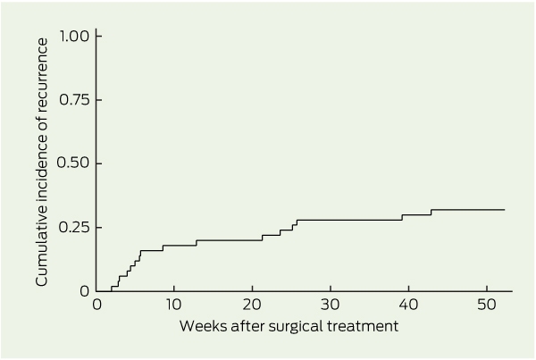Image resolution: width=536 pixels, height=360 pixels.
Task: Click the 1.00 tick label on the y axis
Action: click(74, 36)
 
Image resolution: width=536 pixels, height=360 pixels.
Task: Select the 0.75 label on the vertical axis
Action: click(74, 100)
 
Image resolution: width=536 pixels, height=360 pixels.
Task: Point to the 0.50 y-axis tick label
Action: click(73, 163)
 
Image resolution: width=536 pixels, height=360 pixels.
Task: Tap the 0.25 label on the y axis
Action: click(74, 228)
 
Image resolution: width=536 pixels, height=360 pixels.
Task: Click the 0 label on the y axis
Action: click(85, 291)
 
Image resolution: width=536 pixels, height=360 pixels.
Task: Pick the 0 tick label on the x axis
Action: click(97, 305)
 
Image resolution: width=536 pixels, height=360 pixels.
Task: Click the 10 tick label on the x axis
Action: click(173, 305)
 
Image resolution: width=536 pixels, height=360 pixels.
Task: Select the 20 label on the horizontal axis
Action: click(252, 305)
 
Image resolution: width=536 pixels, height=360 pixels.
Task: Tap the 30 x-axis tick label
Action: click(331, 305)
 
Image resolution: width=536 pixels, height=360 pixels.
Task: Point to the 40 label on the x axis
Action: click(408, 305)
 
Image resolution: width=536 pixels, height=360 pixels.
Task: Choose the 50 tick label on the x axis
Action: click(487, 305)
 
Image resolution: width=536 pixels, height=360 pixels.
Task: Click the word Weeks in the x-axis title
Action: click(203, 326)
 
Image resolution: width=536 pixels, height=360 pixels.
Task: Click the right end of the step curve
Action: click(505, 210)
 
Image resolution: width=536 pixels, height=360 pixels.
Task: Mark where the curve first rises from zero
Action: click(112, 289)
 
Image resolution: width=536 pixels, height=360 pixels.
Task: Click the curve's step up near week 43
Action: click(431, 213)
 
